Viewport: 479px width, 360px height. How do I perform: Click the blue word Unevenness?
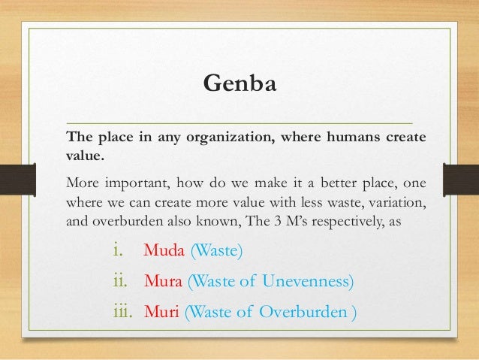309,282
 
